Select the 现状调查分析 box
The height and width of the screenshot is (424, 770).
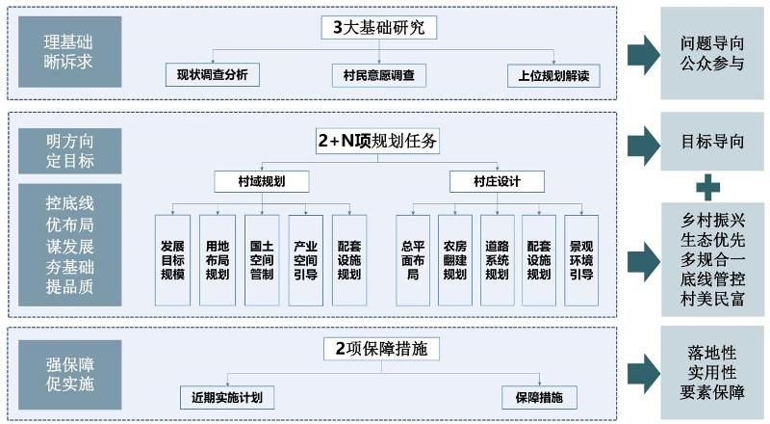212,74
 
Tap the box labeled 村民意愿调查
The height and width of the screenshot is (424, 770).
378,74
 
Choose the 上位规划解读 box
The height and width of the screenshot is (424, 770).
548,74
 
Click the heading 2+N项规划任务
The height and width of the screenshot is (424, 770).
377,142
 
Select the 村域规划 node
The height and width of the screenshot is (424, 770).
261,181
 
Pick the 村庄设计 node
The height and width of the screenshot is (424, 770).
496,181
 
